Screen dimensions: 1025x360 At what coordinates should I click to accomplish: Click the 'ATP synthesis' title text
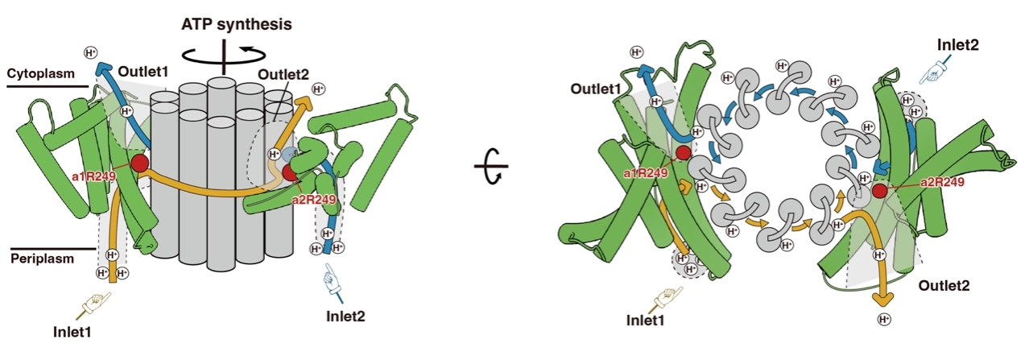236,24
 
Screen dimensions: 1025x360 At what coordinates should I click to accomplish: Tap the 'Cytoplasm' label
41,73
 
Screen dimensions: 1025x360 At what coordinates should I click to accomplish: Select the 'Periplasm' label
42,259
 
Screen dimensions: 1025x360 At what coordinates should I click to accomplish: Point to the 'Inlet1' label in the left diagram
72,332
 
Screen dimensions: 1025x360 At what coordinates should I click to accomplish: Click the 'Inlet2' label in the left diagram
345,316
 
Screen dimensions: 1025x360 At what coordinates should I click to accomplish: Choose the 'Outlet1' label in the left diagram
143,72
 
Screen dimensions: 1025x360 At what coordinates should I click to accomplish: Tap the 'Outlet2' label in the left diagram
283,74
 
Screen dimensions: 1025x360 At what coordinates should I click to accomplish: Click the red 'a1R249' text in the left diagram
94,176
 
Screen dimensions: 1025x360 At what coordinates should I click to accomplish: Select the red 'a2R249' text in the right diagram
942,182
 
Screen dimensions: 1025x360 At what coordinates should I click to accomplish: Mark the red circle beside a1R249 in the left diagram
139,163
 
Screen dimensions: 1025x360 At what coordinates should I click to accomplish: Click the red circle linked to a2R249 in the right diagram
879,191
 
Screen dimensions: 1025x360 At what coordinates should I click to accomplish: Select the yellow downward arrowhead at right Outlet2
882,300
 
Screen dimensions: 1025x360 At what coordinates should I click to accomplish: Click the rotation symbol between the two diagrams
492,167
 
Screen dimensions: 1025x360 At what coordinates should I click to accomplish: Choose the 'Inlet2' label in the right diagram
957,44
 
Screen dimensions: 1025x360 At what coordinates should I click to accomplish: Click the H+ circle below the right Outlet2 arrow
884,319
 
